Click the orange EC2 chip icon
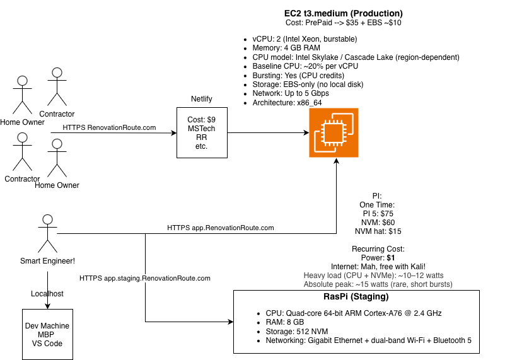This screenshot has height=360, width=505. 335,132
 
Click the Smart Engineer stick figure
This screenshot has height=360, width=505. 45,233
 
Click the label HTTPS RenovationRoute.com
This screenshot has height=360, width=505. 109,127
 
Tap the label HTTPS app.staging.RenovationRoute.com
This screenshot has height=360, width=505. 145,277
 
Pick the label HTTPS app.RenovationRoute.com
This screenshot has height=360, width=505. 221,228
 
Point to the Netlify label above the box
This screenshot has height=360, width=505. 202,100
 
